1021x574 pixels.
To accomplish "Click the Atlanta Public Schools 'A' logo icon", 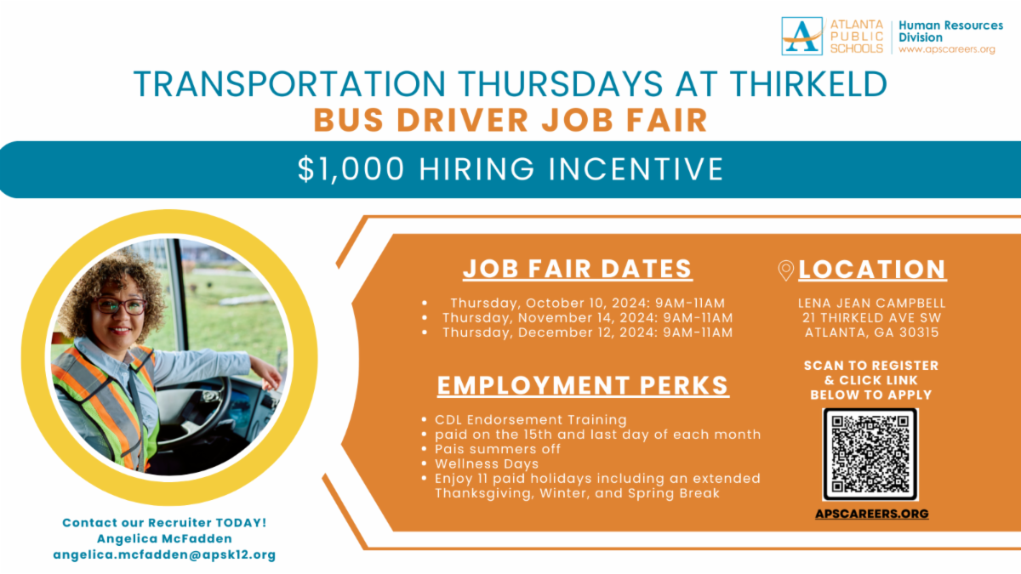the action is pyautogui.click(x=801, y=36).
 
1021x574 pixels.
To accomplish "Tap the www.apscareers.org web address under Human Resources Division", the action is pyautogui.click(x=947, y=49).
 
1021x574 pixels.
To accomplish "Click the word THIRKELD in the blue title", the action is pyautogui.click(x=808, y=84).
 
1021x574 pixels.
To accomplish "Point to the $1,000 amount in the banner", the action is pyautogui.click(x=351, y=169).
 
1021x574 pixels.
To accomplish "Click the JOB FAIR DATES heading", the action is pyautogui.click(x=578, y=269).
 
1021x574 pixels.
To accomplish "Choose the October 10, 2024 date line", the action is pyautogui.click(x=588, y=303).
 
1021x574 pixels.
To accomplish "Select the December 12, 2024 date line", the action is pyautogui.click(x=588, y=332).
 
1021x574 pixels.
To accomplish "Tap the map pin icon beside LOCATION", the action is pyautogui.click(x=786, y=270).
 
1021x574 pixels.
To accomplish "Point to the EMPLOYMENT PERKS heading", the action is pyautogui.click(x=583, y=385).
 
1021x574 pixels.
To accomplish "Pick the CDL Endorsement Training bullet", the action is pyautogui.click(x=531, y=419).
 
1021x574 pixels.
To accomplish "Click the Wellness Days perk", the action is pyautogui.click(x=487, y=463).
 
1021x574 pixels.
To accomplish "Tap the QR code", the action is pyautogui.click(x=870, y=454).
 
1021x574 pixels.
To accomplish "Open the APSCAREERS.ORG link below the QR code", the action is pyautogui.click(x=871, y=514).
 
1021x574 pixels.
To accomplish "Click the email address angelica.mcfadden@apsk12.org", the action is pyautogui.click(x=164, y=554).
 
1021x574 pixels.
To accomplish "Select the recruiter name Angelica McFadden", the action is pyautogui.click(x=164, y=538).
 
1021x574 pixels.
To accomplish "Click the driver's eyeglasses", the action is pyautogui.click(x=120, y=305).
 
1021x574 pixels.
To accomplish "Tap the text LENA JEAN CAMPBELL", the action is pyautogui.click(x=871, y=303).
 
